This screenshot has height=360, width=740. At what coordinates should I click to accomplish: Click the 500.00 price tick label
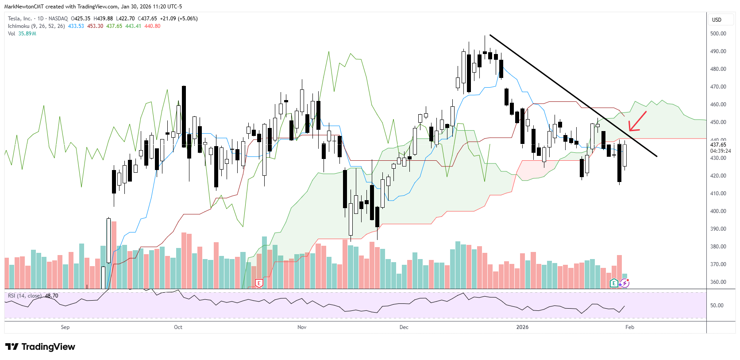tap(718, 34)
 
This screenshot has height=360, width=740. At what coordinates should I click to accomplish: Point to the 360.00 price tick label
tap(718, 282)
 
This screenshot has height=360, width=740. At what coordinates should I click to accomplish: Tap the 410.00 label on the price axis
tap(718, 194)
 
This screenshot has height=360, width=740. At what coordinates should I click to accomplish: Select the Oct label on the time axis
tap(178, 327)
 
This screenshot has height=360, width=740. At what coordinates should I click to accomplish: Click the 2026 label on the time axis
tap(522, 327)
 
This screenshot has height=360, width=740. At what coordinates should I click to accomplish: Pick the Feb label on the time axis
tap(629, 327)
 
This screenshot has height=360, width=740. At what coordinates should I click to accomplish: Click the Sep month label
tap(65, 327)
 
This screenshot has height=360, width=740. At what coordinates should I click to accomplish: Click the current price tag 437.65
tap(718, 145)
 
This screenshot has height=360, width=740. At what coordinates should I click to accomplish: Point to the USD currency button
tap(717, 20)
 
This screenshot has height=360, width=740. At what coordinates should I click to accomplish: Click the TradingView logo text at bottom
tap(40, 347)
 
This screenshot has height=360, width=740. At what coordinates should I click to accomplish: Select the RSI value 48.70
tap(51, 296)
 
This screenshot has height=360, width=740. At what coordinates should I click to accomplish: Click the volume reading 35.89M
tap(27, 34)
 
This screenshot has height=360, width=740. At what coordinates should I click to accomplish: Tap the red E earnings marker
tap(259, 283)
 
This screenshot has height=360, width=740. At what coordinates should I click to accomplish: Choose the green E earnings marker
tap(614, 283)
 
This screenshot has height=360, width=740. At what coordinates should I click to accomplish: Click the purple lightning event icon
tap(624, 283)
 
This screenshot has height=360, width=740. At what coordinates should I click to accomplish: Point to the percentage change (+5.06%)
tap(188, 19)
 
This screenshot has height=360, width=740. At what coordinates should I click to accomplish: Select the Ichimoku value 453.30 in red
tap(95, 26)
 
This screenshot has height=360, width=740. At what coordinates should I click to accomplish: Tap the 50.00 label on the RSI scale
tap(717, 306)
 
